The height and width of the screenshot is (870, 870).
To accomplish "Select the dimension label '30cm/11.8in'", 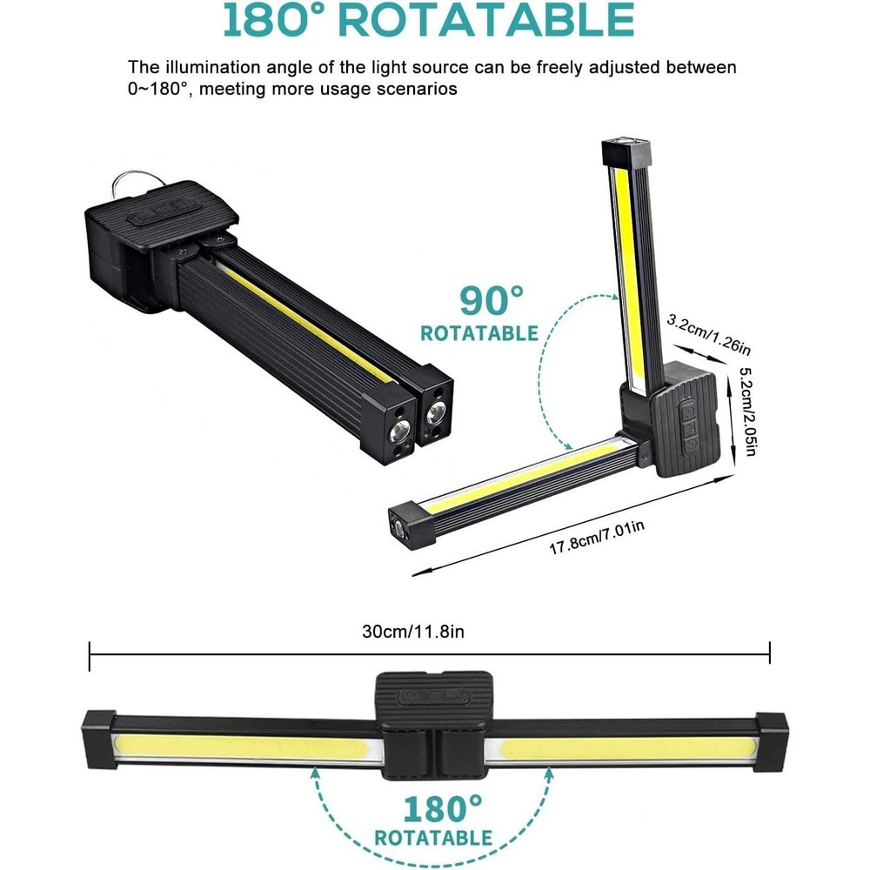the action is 412,632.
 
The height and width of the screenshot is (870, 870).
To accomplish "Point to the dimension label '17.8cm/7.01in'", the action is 597,538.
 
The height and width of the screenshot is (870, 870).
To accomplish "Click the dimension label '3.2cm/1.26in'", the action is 708,335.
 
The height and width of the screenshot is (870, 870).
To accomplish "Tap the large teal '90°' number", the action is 492,300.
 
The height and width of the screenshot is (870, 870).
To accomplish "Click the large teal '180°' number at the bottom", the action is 442,809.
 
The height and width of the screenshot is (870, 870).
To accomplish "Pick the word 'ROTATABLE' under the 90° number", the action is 479,333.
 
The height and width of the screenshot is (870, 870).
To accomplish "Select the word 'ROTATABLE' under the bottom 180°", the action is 433,837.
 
